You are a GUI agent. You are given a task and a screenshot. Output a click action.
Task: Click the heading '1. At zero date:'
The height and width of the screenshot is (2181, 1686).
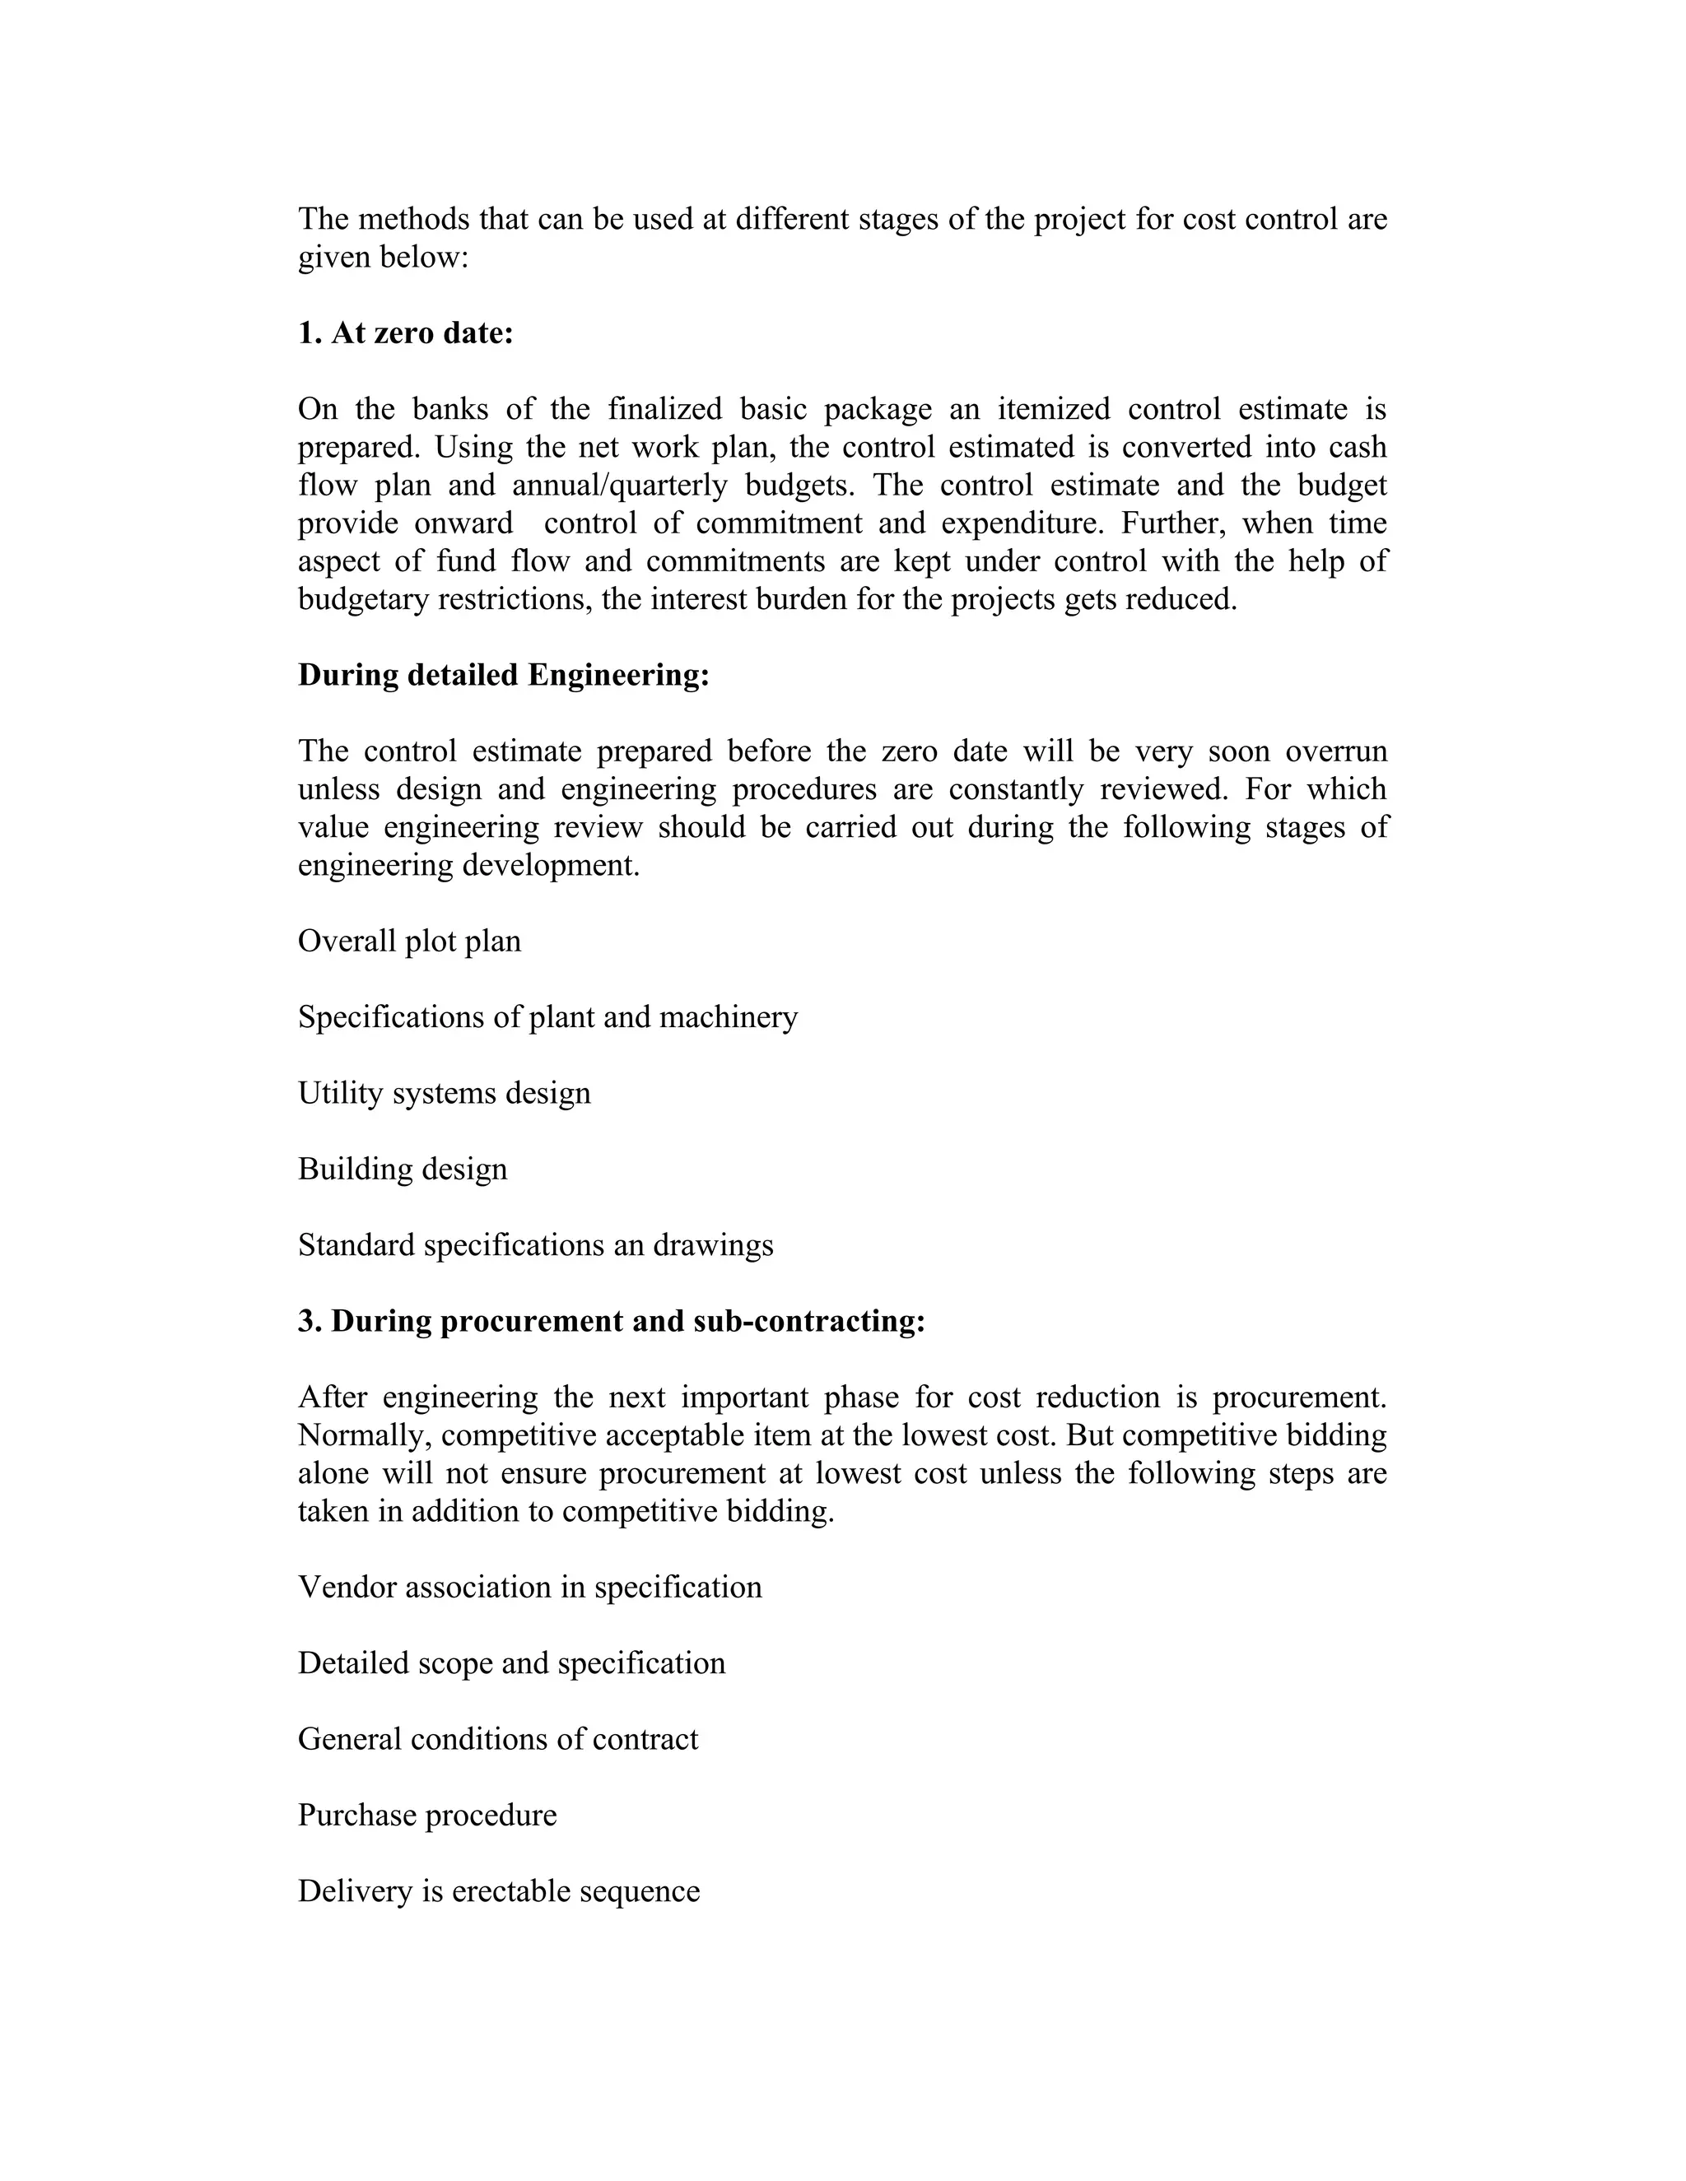(x=406, y=332)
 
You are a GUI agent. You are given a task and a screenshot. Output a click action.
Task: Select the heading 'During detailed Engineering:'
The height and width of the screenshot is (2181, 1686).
(x=503, y=675)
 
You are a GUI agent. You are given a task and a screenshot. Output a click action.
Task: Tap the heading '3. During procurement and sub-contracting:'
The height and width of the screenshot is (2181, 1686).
(x=612, y=1320)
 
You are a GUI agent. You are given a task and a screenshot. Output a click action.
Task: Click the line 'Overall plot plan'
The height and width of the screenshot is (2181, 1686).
(x=409, y=942)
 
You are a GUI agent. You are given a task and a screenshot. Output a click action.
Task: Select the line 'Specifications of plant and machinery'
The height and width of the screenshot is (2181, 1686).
(x=547, y=1016)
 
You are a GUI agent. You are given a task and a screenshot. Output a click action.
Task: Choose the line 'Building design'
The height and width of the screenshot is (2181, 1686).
(x=403, y=1169)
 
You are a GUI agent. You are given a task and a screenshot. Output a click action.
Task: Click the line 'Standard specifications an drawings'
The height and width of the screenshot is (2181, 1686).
(x=535, y=1245)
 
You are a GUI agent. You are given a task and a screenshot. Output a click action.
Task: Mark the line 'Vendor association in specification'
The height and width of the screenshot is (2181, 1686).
(x=529, y=1587)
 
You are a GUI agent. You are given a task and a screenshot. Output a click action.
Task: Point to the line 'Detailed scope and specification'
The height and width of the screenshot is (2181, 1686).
(x=511, y=1662)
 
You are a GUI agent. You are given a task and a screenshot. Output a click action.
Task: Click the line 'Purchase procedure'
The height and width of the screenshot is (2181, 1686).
(x=427, y=1815)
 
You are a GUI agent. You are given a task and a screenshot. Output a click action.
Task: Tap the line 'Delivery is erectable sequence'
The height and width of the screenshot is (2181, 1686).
(x=498, y=1891)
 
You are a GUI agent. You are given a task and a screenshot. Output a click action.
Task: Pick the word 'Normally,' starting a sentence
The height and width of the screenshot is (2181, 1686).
(x=364, y=1435)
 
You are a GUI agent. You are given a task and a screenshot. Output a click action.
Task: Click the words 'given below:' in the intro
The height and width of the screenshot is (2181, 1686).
(x=383, y=258)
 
